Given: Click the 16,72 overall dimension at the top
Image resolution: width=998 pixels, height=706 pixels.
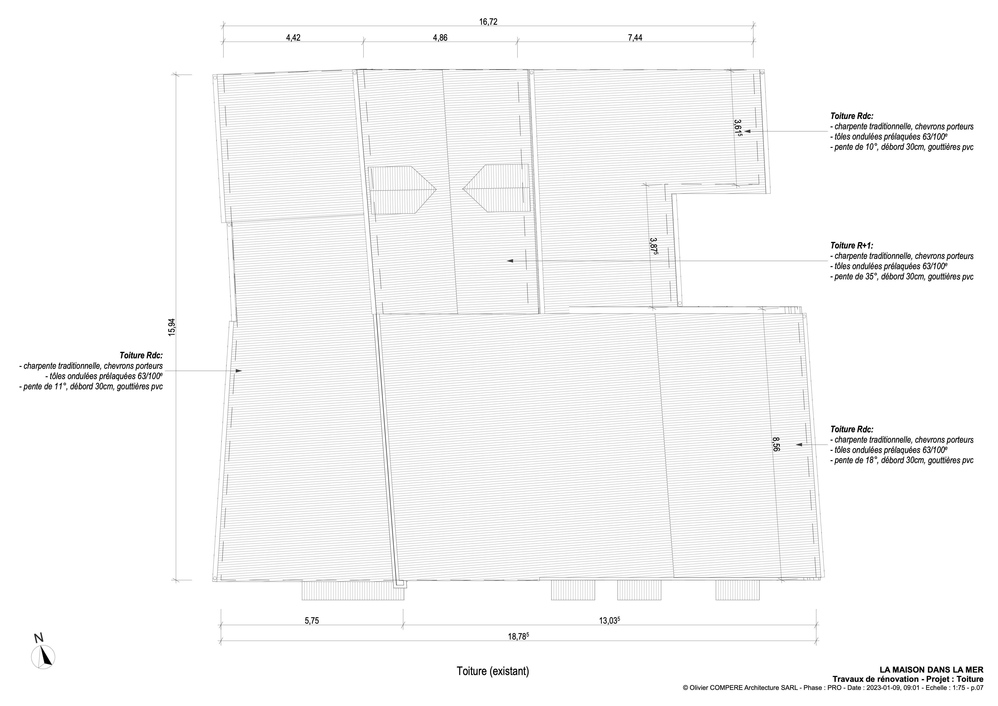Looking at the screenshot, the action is click(488, 22).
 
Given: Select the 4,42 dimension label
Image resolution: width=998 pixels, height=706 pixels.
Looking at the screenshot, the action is click(293, 38).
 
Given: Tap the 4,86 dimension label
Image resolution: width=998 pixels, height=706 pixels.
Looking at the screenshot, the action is click(440, 38).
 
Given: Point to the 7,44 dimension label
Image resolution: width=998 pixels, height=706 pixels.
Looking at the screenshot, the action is click(635, 38).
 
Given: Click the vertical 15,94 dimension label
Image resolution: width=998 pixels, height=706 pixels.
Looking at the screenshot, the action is click(172, 327).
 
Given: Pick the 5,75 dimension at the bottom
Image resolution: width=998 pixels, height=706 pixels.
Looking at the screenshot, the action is click(312, 621).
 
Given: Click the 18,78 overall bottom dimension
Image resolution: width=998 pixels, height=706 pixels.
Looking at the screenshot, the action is click(518, 636).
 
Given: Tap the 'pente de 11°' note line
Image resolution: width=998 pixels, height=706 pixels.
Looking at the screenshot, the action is click(91, 386).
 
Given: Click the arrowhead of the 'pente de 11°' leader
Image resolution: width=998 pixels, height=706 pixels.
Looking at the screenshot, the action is click(239, 371).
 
